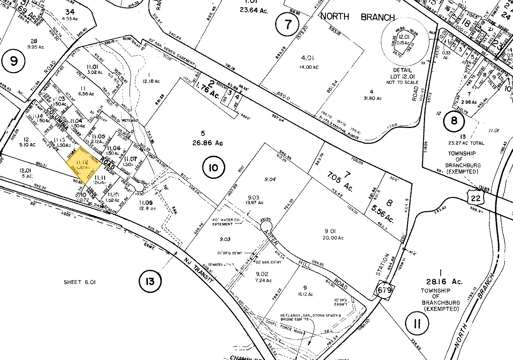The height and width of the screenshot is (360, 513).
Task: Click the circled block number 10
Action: click(215, 167)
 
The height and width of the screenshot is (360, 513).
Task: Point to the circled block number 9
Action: click(14, 62)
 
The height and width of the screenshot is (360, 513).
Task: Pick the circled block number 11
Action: click(417, 324)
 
